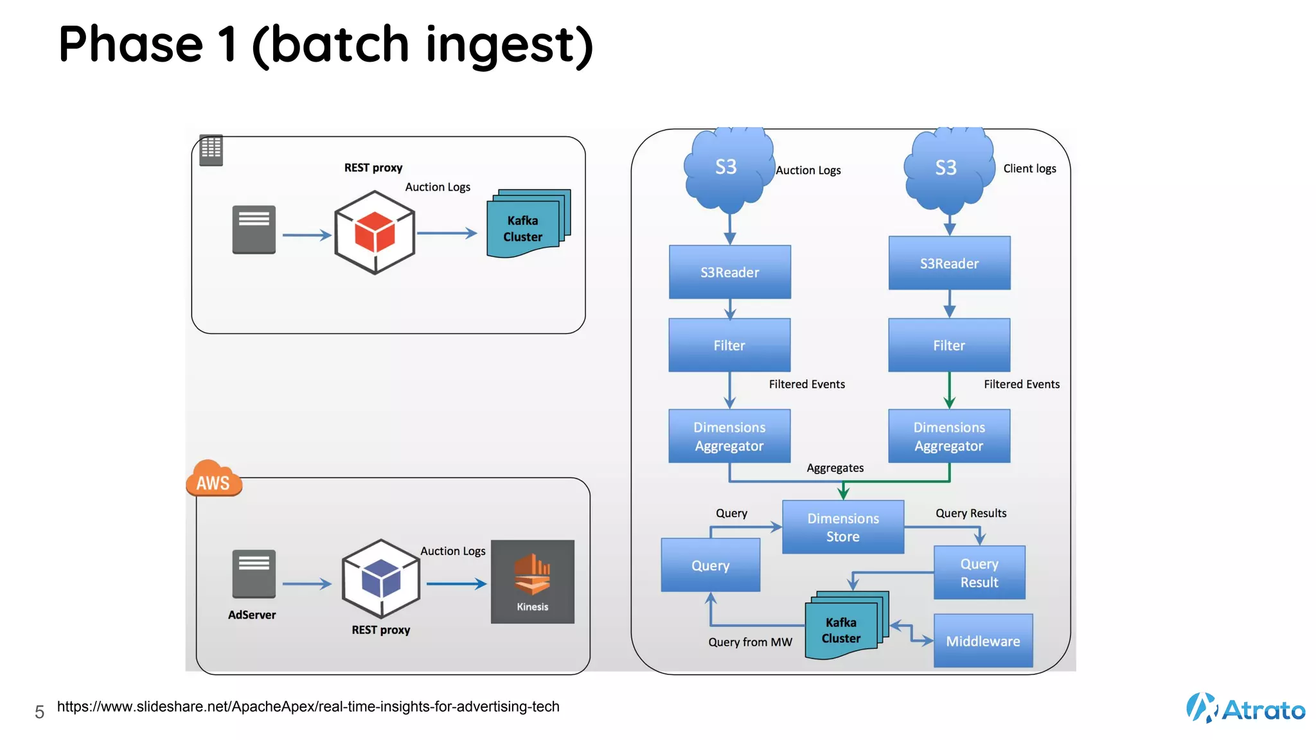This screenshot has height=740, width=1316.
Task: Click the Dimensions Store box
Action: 842,527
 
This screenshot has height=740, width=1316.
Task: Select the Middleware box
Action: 983,640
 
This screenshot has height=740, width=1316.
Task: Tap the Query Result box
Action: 979,572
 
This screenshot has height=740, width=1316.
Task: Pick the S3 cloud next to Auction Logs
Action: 727,170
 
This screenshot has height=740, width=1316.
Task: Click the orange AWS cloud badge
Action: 213,480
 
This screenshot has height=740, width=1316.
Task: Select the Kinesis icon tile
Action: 532,581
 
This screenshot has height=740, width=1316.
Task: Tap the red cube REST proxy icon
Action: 375,233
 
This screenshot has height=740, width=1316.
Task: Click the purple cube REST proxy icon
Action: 381,578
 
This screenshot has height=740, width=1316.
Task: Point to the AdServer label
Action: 252,615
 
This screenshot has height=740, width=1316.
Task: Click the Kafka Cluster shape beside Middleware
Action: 844,626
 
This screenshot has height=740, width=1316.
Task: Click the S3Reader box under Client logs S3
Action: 949,263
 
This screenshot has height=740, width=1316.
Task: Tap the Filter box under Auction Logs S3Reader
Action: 729,345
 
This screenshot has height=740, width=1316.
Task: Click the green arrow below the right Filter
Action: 949,391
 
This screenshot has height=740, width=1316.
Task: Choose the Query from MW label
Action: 750,642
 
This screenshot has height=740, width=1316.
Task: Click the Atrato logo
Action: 1245,709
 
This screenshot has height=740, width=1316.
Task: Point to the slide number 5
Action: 39,712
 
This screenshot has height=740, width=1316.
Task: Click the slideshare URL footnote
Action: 308,707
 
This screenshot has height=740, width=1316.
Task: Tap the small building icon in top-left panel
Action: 211,150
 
